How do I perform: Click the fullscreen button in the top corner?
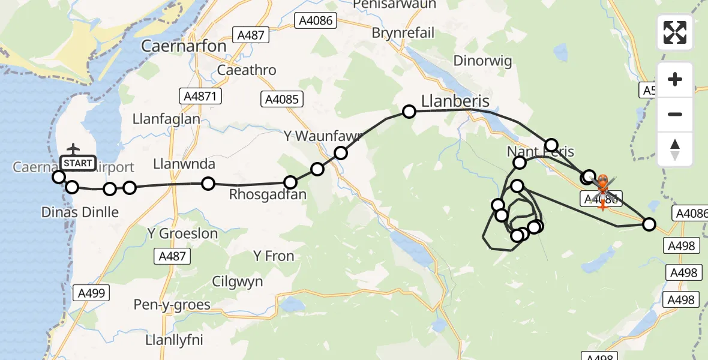click(x=675, y=32)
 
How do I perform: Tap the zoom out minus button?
click(x=675, y=114)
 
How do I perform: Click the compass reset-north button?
click(x=675, y=149)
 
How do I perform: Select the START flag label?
click(x=77, y=163)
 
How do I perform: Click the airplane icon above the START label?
click(x=73, y=149)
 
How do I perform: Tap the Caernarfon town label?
click(x=184, y=46)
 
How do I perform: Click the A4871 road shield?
click(x=201, y=96)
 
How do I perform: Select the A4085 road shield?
click(x=282, y=100)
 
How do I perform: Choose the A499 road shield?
click(x=91, y=293)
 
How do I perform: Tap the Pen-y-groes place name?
click(x=173, y=305)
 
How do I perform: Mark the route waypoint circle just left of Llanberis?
click(x=409, y=111)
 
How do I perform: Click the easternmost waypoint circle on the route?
click(x=649, y=224)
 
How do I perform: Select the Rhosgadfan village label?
click(x=268, y=195)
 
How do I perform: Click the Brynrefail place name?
click(x=403, y=32)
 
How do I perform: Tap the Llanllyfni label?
click(x=174, y=340)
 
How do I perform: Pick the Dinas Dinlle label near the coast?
click(x=80, y=212)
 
